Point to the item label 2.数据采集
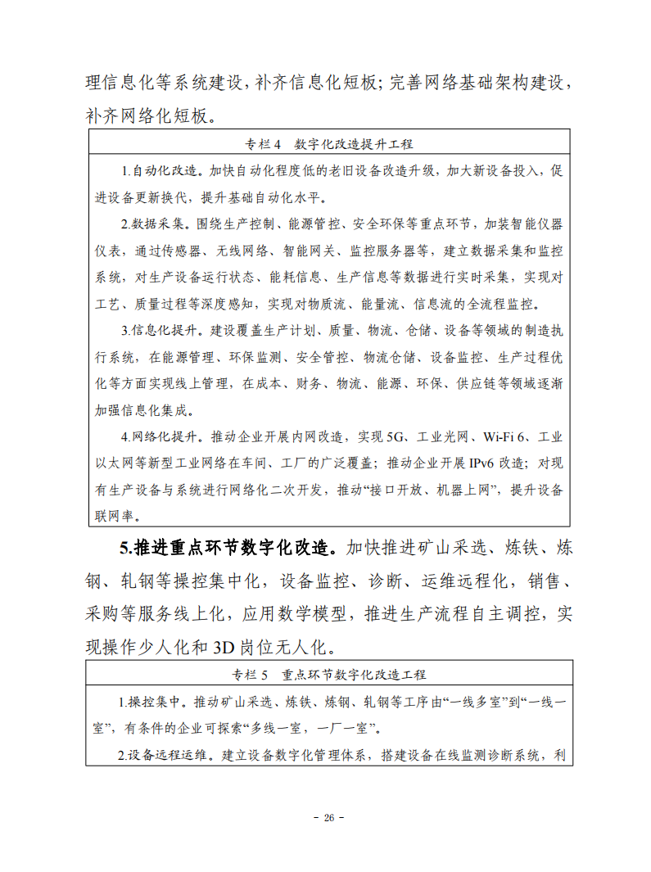click(x=153, y=224)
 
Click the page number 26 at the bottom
click(x=328, y=818)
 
